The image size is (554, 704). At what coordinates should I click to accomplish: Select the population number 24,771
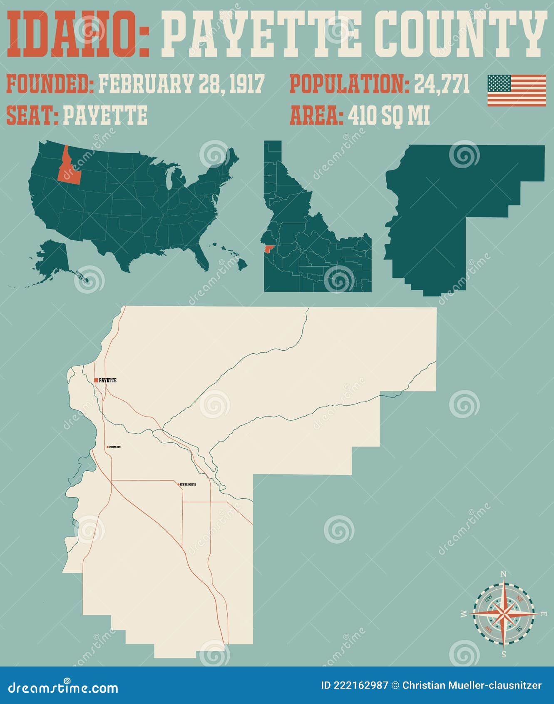pos(442,84)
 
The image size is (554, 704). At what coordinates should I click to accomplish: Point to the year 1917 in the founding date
pos(247,84)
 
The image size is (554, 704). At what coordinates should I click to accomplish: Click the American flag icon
pos(517,90)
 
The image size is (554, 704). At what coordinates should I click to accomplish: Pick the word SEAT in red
pos(32,115)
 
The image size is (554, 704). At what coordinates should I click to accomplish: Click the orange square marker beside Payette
pos(96,380)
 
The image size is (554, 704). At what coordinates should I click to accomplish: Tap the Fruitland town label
pos(115,447)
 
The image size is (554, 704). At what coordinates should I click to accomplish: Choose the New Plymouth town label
pos(188,484)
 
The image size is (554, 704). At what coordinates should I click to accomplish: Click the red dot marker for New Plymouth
pos(179,484)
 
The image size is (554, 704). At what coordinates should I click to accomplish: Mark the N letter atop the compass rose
pos(503,574)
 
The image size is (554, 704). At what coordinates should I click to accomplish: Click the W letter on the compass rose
pos(463,614)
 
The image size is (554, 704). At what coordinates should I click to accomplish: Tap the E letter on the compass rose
pos(543,614)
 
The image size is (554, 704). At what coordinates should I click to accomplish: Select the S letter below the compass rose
pos(503,654)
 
